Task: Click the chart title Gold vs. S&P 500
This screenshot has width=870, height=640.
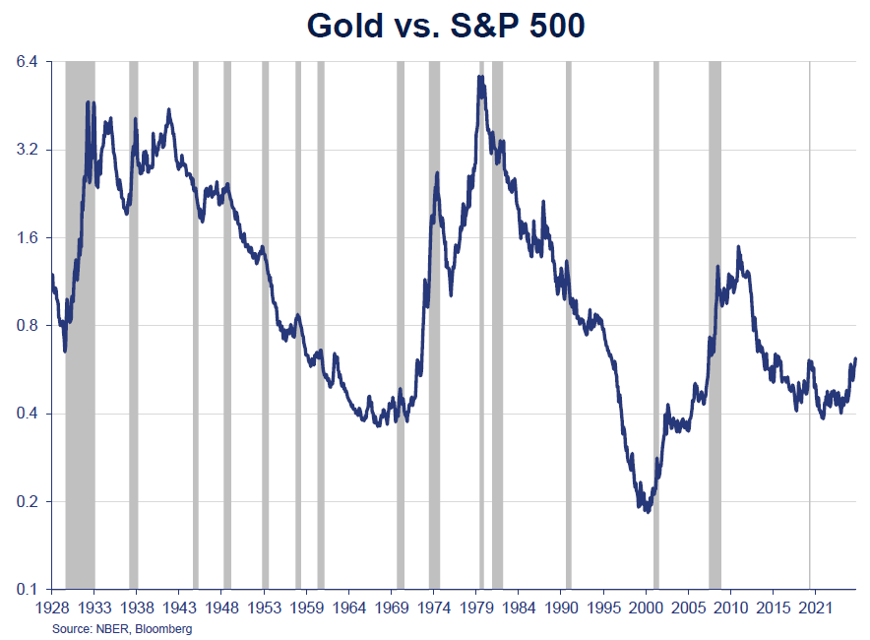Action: (445, 26)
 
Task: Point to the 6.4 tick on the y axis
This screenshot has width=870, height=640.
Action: (27, 61)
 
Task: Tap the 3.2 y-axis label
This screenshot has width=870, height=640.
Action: (27, 150)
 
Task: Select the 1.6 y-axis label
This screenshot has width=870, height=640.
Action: (27, 237)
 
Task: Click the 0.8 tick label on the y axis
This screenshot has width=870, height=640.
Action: (27, 325)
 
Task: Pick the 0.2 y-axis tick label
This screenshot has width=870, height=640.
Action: (27, 501)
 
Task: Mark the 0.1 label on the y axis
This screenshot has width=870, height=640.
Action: (27, 589)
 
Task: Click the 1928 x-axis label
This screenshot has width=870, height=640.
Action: (52, 608)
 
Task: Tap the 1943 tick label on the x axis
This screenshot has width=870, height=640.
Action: (179, 608)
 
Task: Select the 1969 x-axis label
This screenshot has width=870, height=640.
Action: (393, 608)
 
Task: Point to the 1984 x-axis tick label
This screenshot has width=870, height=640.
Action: (520, 608)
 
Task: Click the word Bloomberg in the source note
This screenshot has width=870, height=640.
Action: (163, 629)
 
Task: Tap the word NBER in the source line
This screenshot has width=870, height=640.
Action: (111, 629)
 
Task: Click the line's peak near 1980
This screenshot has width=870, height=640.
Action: (479, 77)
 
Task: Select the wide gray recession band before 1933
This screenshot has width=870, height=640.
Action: (80, 325)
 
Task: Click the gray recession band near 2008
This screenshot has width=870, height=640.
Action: (715, 325)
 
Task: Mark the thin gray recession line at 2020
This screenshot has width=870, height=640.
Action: (810, 325)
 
